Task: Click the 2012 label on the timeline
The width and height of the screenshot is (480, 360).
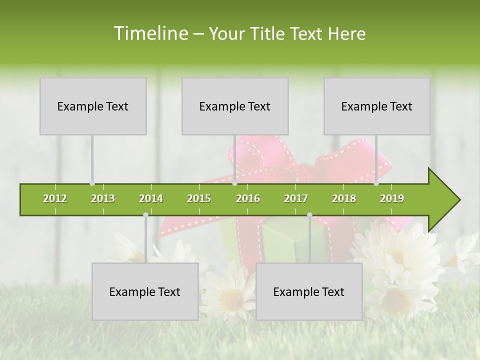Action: coord(55,198)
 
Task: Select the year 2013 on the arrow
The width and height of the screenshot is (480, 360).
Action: coord(103,198)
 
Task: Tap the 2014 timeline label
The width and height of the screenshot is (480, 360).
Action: coord(151,198)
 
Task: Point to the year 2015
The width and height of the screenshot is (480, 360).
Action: coord(199,198)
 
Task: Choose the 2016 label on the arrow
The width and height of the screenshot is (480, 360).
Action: coord(248,198)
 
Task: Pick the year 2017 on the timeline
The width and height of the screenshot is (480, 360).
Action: coord(296,198)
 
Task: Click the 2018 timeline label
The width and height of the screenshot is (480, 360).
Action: coord(344,198)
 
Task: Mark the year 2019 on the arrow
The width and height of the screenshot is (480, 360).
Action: coord(392,198)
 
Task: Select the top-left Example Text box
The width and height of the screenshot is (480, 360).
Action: coord(93,106)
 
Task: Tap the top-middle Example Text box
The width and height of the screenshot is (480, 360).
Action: coord(235,106)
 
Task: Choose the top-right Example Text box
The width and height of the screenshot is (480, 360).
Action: coord(377,106)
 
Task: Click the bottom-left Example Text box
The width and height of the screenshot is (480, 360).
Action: coord(145,292)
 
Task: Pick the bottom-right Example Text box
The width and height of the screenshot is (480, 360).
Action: coord(309,292)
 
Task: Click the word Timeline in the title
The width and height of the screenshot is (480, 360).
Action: coord(150,33)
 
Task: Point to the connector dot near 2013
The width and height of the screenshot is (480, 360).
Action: coord(92,183)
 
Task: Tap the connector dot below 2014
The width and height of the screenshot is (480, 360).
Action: coord(145,214)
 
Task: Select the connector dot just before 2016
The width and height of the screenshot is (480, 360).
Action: coord(234,183)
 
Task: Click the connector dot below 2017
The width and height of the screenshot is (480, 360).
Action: coord(309,214)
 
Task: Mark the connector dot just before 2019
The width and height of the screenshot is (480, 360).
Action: coord(376,183)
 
